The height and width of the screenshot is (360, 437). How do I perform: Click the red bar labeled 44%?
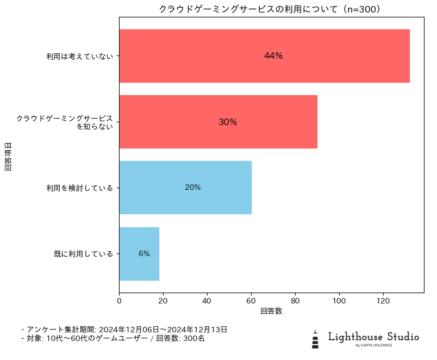click(x=264, y=56)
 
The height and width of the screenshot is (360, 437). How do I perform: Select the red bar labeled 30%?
click(x=218, y=122)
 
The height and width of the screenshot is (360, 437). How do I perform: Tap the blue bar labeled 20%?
click(x=185, y=188)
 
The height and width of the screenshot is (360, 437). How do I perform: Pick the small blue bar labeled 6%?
click(x=139, y=253)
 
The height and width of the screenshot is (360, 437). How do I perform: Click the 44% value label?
click(x=273, y=56)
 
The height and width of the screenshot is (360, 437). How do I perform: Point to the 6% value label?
click(x=144, y=253)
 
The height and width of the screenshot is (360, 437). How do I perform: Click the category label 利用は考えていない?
click(x=80, y=56)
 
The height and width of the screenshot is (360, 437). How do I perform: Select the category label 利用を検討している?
click(x=80, y=188)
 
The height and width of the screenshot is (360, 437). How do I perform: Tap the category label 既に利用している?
click(x=84, y=254)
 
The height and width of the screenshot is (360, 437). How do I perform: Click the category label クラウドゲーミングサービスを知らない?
click(x=65, y=122)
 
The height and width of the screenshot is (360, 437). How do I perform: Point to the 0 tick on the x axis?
click(x=119, y=300)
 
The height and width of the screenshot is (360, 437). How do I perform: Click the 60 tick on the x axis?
click(x=251, y=300)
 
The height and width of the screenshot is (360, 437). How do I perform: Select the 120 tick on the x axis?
click(x=383, y=300)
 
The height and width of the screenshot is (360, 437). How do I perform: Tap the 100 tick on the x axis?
click(x=339, y=300)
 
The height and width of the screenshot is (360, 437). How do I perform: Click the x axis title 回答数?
click(x=271, y=311)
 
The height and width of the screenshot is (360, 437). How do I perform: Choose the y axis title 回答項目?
click(x=8, y=156)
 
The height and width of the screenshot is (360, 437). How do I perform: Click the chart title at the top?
click(x=270, y=9)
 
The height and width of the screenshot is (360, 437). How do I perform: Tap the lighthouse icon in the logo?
click(x=315, y=339)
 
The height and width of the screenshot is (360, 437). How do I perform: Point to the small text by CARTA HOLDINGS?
click(x=373, y=345)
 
